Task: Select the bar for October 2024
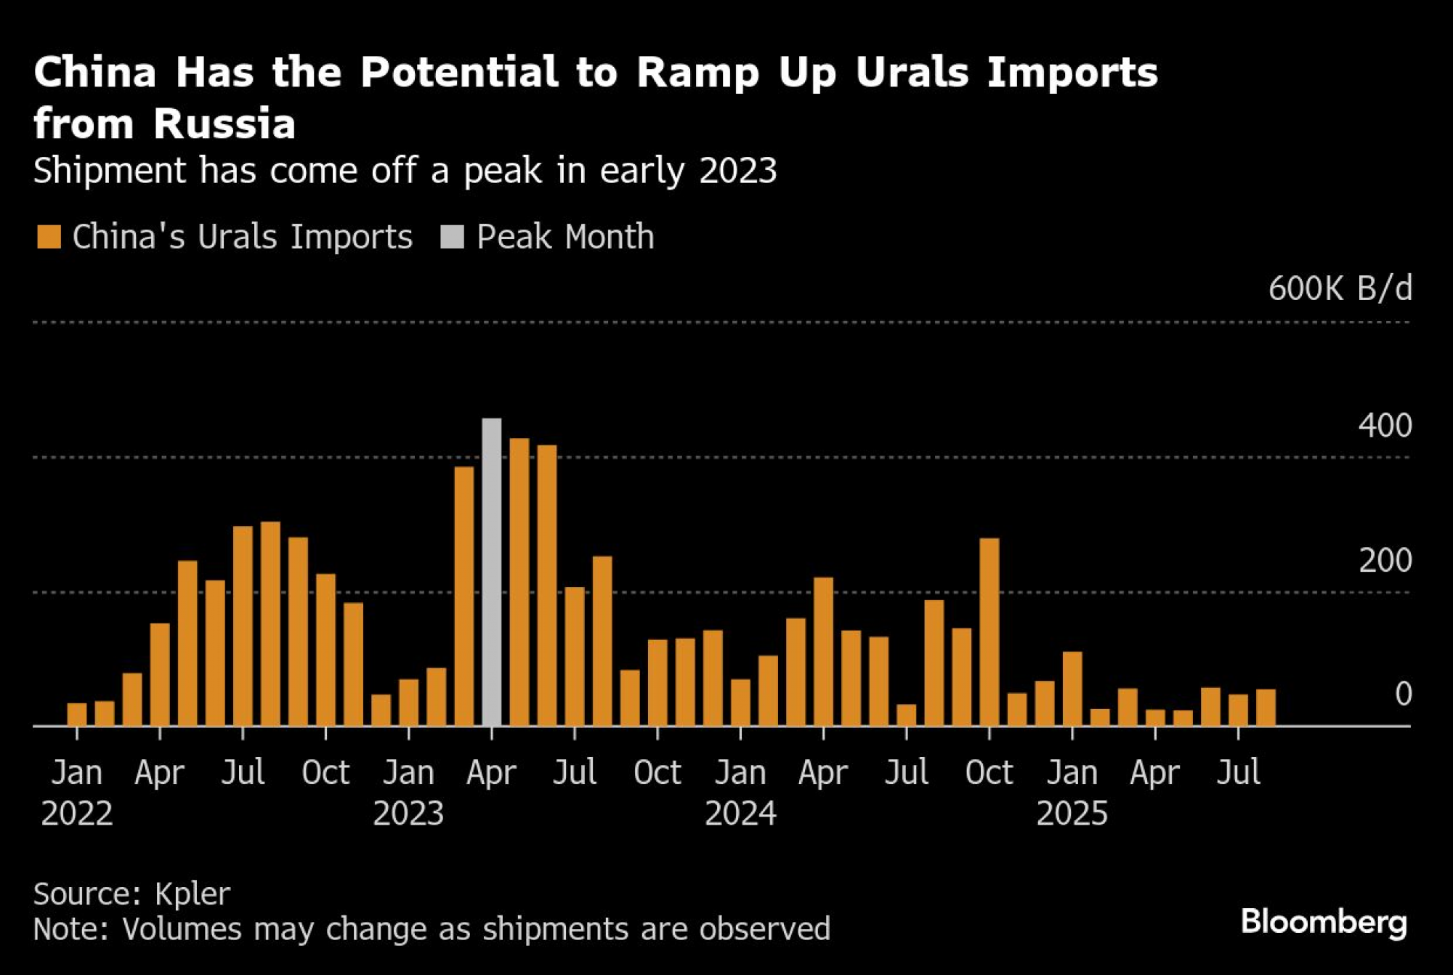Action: (x=989, y=631)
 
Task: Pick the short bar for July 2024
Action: (x=907, y=715)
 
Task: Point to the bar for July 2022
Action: (x=243, y=626)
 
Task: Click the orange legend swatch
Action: (x=49, y=237)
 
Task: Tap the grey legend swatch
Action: (x=452, y=237)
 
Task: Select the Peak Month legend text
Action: (x=565, y=237)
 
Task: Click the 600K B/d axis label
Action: (x=1340, y=288)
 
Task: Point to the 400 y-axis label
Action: (x=1385, y=426)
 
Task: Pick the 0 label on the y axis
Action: (x=1404, y=694)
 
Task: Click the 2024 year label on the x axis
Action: (x=740, y=813)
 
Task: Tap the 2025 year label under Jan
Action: (x=1072, y=813)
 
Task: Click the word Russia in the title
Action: (x=224, y=124)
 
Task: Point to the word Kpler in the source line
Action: (x=193, y=894)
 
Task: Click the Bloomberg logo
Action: (x=1324, y=922)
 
